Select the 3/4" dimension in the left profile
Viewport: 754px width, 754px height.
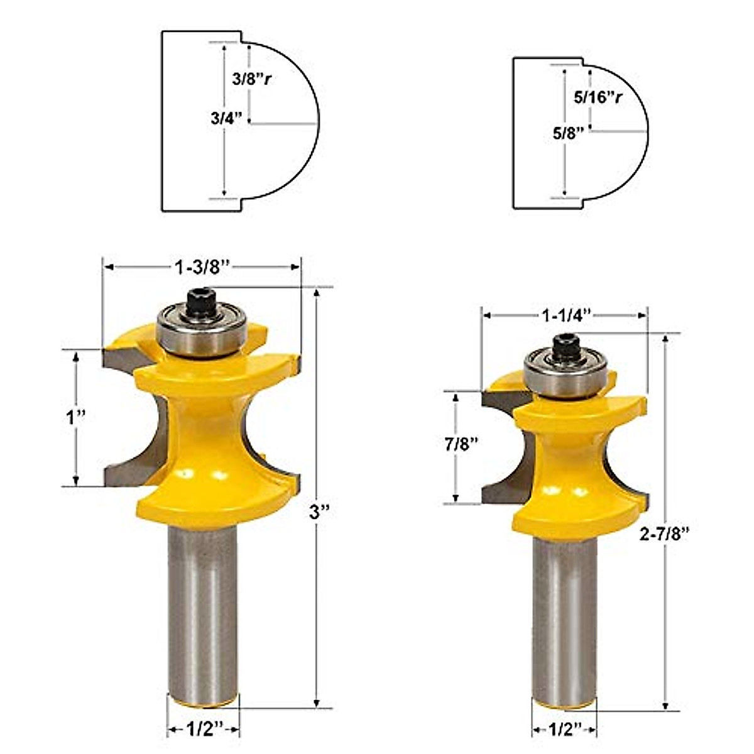[227, 118]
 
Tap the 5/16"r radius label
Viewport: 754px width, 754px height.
[598, 98]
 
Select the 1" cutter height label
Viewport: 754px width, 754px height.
[76, 417]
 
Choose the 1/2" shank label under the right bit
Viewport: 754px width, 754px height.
[564, 729]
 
